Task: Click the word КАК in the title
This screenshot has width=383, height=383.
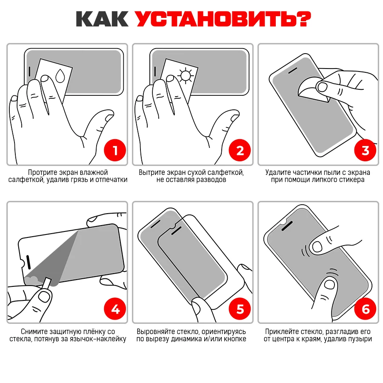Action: (102, 19)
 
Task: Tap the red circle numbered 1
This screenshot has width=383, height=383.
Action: (115, 150)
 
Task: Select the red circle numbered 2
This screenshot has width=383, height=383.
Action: (240, 150)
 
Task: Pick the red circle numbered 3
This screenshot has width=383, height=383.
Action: (365, 150)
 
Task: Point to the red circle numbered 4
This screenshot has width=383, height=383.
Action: (115, 309)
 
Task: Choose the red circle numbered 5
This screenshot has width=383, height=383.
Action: (240, 309)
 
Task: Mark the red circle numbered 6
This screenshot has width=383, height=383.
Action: (365, 309)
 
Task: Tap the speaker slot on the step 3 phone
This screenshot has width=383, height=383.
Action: (293, 71)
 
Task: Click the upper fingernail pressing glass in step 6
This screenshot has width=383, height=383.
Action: (317, 247)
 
